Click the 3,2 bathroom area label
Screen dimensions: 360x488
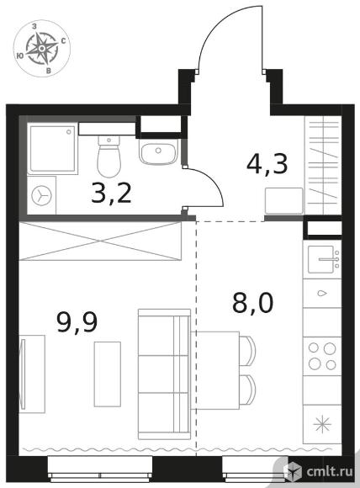point(111,194)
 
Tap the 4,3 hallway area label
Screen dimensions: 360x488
point(267,164)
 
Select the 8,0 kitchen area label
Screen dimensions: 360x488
point(252,303)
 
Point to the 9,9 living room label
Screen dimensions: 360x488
point(77,322)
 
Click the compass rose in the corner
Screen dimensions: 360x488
point(42,48)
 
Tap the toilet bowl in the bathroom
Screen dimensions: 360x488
point(109,156)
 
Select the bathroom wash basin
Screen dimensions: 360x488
point(158,151)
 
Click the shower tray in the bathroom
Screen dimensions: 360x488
point(52,148)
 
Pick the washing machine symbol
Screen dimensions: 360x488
point(42,195)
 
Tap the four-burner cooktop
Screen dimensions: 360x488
point(322,356)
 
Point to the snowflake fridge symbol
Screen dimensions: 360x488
point(322,424)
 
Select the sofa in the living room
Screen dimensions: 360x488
point(164,374)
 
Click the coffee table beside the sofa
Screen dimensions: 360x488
point(108,374)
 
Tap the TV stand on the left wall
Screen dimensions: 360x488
point(32,374)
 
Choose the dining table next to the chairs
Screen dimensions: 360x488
point(215,370)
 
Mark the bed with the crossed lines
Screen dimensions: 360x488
point(100,241)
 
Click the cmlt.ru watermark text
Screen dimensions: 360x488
point(330,471)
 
